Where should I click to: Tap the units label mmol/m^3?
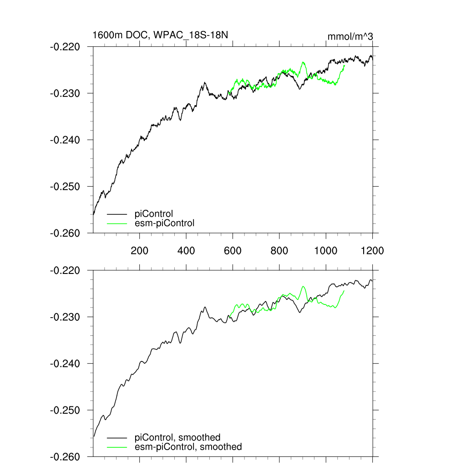pos(350,36)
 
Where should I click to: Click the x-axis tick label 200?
pos(139,250)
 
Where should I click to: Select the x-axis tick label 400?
pos(186,250)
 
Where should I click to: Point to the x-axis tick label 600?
pos(233,250)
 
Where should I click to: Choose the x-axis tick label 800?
pos(279,250)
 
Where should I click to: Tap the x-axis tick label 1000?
pos(326,250)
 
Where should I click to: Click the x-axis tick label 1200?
pos(372,250)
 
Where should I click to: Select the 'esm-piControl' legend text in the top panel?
pos(164,223)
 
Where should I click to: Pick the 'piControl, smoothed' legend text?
pos(177,438)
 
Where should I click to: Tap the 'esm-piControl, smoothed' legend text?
pos(188,447)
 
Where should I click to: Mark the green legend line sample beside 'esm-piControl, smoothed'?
pos(117,447)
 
